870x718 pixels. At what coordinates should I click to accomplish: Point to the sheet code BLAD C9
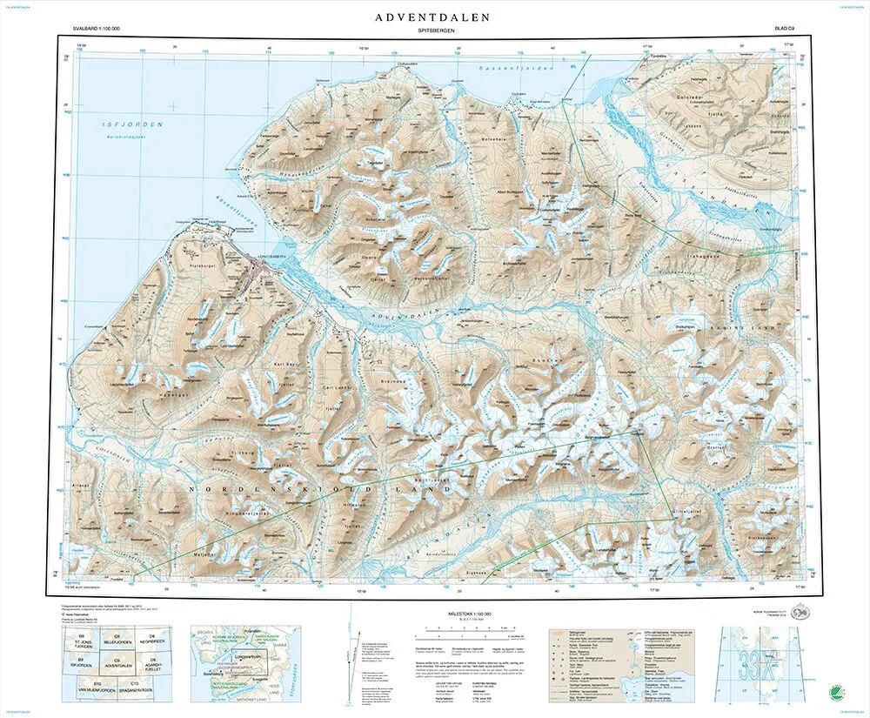click(x=788, y=30)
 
